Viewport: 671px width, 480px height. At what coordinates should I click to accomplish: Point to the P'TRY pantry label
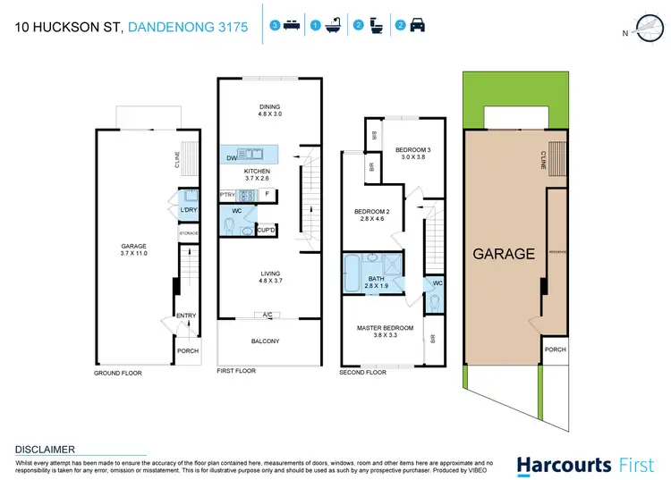tap(227, 194)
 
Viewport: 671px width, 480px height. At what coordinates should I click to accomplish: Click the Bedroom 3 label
tap(413, 154)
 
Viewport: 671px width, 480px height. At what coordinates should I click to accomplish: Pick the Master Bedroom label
tap(385, 333)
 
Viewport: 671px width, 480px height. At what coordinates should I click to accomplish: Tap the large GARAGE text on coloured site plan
tap(504, 254)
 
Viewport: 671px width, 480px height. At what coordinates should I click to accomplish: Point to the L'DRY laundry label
tap(188, 210)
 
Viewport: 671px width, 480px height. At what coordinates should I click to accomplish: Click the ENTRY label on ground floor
tap(185, 315)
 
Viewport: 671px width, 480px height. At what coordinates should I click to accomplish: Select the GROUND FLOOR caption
tap(118, 372)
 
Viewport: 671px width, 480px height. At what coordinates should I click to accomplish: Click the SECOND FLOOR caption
tap(363, 372)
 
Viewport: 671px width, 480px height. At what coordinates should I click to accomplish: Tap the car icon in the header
tap(417, 27)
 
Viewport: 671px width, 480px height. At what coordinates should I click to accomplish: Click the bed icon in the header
tap(291, 27)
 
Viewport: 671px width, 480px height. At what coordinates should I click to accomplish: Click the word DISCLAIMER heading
tap(46, 449)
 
